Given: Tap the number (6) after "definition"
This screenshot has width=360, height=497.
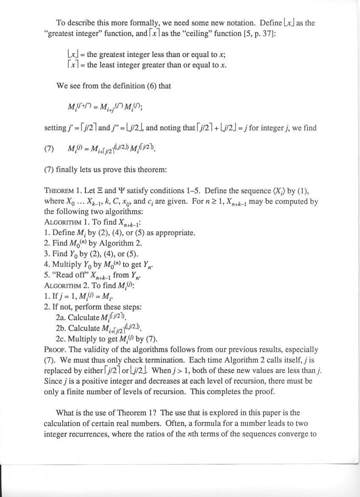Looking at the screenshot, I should tap(152, 86).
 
